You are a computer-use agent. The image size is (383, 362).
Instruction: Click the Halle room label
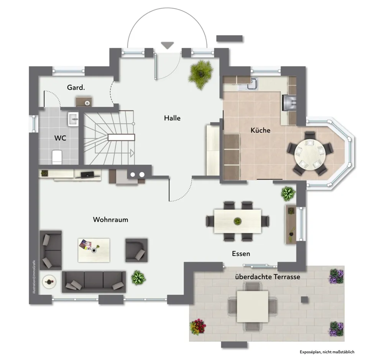(x=172, y=118)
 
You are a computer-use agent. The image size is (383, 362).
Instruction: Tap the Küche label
(x=260, y=130)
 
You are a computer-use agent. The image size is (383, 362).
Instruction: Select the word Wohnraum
(x=110, y=219)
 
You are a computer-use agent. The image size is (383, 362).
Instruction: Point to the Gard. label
(x=76, y=87)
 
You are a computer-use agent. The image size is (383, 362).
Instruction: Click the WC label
(x=60, y=138)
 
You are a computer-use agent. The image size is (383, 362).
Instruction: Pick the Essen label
(x=241, y=254)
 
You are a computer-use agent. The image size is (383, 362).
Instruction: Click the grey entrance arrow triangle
(x=167, y=45)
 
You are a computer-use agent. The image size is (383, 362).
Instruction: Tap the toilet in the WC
(x=57, y=157)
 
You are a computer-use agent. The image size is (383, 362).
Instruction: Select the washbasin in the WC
(x=73, y=119)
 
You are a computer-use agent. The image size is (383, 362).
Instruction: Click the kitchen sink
(x=253, y=84)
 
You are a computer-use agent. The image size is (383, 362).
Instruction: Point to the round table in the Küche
(x=310, y=154)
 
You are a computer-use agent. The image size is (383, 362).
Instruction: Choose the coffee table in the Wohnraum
(x=94, y=250)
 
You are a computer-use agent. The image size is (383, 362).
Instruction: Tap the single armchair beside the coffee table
(x=136, y=250)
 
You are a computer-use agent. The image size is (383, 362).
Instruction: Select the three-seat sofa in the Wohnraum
(x=94, y=282)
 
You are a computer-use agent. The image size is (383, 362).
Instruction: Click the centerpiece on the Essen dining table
(x=237, y=221)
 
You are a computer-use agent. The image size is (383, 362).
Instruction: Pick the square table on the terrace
(x=253, y=306)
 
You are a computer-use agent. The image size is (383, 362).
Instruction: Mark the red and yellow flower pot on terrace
(x=198, y=327)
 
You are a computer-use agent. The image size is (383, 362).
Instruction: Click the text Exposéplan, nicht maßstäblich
(x=327, y=352)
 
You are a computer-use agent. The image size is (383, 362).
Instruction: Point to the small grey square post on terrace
(x=304, y=300)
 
